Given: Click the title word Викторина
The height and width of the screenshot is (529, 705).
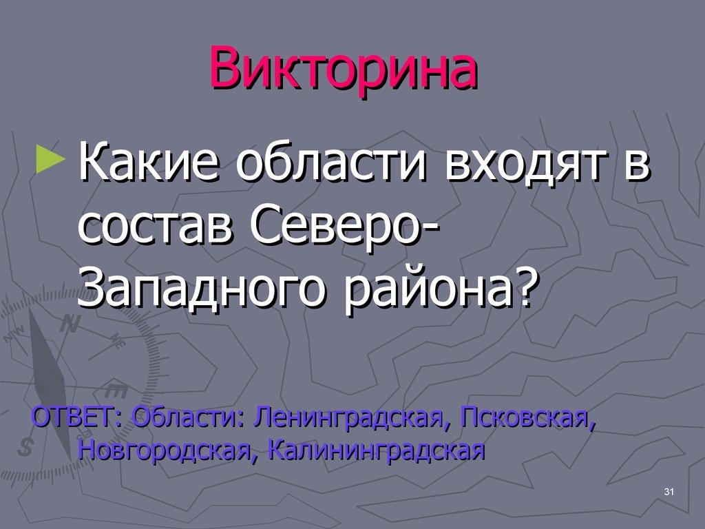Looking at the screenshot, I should (x=344, y=70).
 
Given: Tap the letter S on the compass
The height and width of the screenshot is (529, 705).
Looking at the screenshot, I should (x=26, y=447).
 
